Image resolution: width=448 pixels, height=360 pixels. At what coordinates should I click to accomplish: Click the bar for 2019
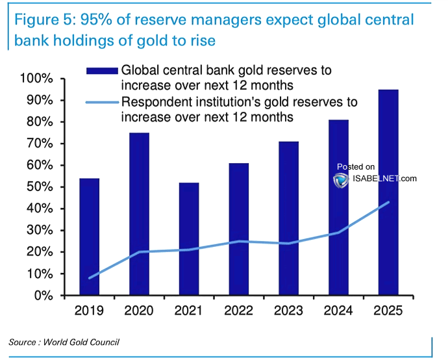[x=89, y=237]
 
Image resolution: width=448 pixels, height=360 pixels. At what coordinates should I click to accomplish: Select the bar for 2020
[x=140, y=214]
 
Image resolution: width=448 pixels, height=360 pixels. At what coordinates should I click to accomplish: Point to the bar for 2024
[x=338, y=207]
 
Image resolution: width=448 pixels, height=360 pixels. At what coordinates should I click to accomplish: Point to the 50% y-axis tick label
[x=40, y=187]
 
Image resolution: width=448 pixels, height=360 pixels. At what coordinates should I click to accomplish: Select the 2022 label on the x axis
[x=239, y=311]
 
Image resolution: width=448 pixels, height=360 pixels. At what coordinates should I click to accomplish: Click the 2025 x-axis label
[x=388, y=311]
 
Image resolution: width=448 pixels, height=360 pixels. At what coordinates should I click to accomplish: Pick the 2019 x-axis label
[x=90, y=311]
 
